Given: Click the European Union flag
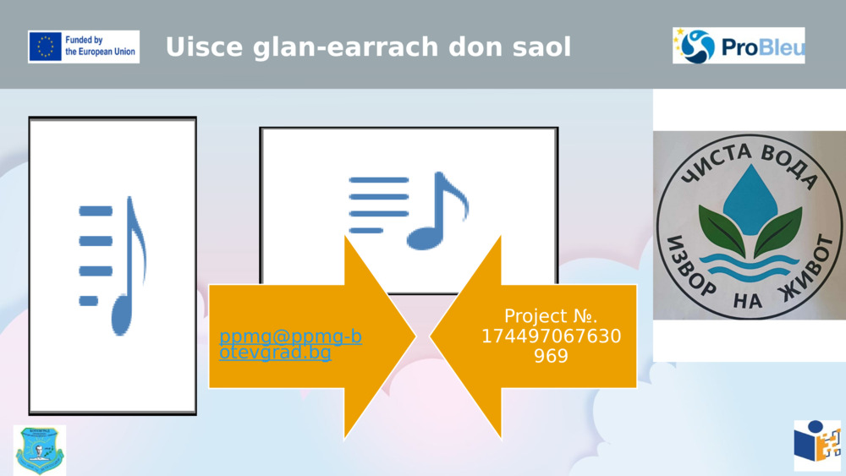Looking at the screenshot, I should [x=46, y=47].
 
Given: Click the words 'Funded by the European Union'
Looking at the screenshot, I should [x=100, y=46].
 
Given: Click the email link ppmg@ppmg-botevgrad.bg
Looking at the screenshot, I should [x=290, y=344].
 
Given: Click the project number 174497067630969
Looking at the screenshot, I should [x=551, y=347].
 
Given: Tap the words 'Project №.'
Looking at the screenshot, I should [x=551, y=316].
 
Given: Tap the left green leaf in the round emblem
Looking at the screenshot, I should [x=719, y=230].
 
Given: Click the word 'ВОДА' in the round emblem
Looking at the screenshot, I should [x=789, y=165].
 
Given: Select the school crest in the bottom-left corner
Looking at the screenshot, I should [x=39, y=450].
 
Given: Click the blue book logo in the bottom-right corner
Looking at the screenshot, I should [x=816, y=445].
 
